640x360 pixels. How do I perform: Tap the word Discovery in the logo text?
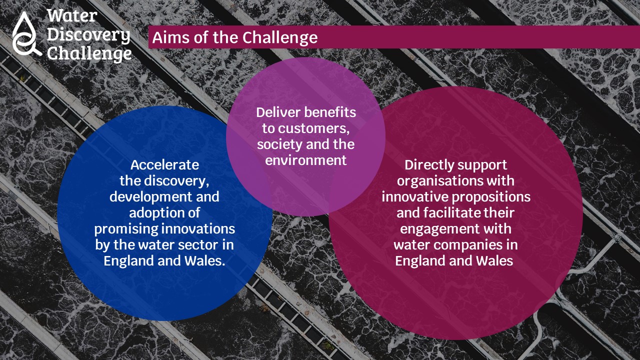pyautogui.click(x=88, y=35)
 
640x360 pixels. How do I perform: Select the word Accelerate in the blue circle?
pyautogui.click(x=164, y=165)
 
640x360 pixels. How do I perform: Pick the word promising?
pyautogui.click(x=126, y=229)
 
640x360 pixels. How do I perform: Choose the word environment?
pyautogui.click(x=305, y=160)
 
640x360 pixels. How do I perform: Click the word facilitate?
pyautogui.click(x=448, y=213)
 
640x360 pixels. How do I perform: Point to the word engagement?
pyautogui.click(x=439, y=229)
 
